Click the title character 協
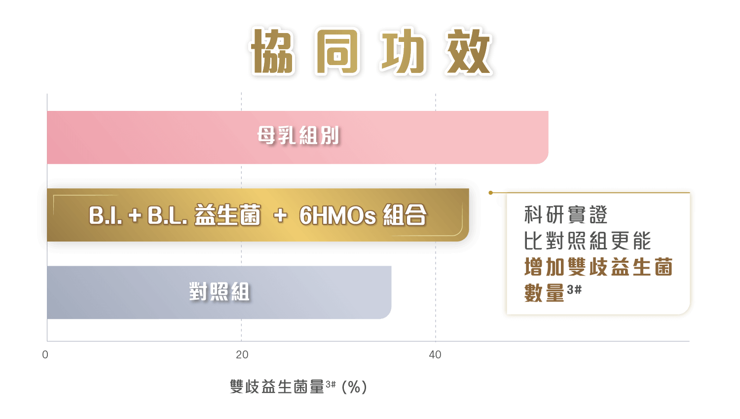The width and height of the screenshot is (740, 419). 273,52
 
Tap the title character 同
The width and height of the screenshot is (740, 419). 338,52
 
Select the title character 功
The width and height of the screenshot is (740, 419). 404,52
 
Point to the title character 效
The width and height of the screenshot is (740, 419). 469,52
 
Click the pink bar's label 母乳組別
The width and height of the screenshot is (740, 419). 298,136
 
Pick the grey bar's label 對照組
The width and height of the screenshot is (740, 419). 220,292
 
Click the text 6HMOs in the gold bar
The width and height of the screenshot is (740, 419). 337,215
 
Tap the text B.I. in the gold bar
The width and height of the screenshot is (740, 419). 105,215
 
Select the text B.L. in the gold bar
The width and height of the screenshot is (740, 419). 167,215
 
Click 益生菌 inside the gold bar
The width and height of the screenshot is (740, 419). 227,215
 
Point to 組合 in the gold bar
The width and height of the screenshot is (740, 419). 405,215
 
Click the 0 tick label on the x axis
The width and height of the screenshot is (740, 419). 45,354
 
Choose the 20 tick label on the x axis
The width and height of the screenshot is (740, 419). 242,354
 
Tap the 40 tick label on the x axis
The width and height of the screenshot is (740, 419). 435,354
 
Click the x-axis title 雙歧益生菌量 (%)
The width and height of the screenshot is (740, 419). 298,386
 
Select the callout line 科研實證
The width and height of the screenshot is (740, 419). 566,215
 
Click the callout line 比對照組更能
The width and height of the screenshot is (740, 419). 588,241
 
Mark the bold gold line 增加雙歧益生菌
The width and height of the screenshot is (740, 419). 598,267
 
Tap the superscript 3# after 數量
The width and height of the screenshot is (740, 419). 574,289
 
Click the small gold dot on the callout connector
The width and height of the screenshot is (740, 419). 491,193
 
